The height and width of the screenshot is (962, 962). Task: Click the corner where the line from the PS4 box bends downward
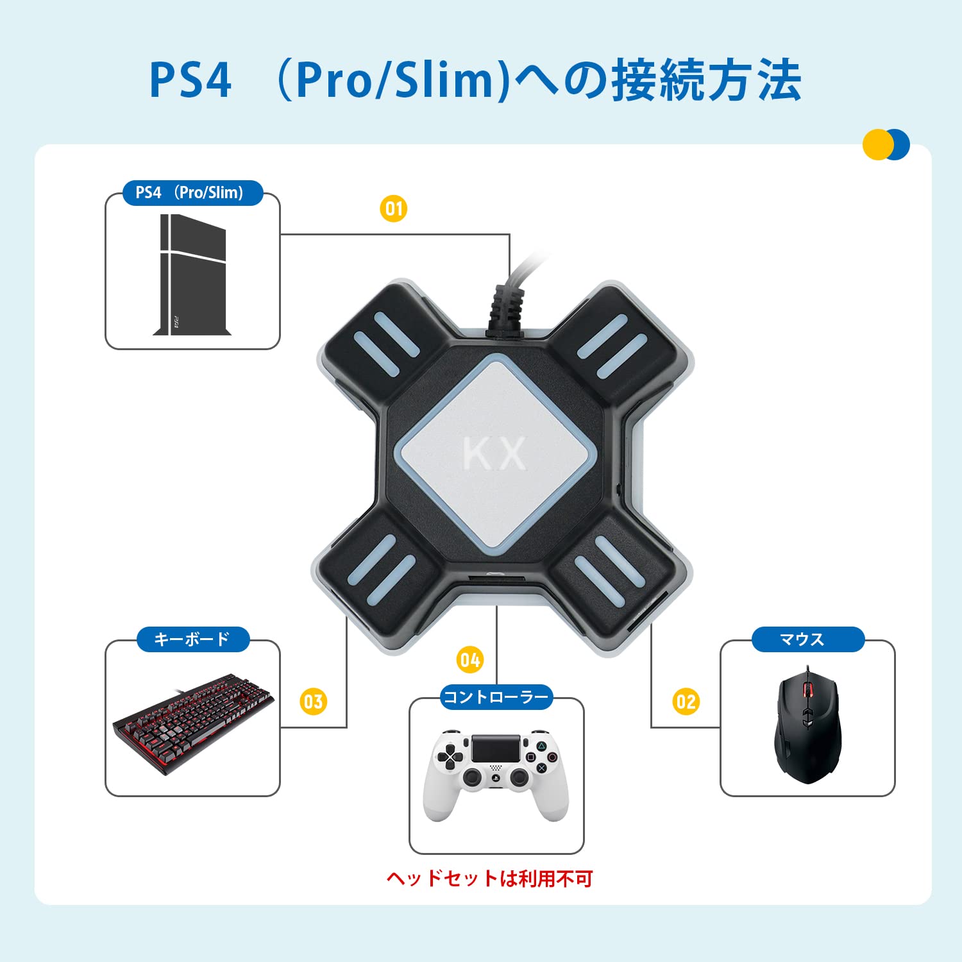(x=509, y=235)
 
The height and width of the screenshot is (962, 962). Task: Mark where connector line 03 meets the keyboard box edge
(x=280, y=727)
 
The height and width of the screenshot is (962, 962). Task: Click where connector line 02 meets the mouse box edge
(x=720, y=727)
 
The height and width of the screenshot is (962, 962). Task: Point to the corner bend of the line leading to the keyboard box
(x=346, y=727)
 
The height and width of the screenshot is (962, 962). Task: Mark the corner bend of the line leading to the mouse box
(x=652, y=727)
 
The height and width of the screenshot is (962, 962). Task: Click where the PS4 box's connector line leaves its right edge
(x=280, y=235)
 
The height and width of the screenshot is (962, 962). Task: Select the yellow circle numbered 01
(x=393, y=208)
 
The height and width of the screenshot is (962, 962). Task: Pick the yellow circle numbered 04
(x=470, y=660)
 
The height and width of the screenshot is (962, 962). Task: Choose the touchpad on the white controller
(x=496, y=748)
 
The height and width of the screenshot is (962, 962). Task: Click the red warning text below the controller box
(x=489, y=878)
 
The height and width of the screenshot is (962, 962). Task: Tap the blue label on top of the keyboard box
(x=192, y=639)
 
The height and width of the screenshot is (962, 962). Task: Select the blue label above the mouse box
(x=808, y=639)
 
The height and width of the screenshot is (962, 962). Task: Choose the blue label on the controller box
(x=496, y=697)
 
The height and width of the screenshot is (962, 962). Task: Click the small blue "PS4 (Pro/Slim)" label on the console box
(x=192, y=193)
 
